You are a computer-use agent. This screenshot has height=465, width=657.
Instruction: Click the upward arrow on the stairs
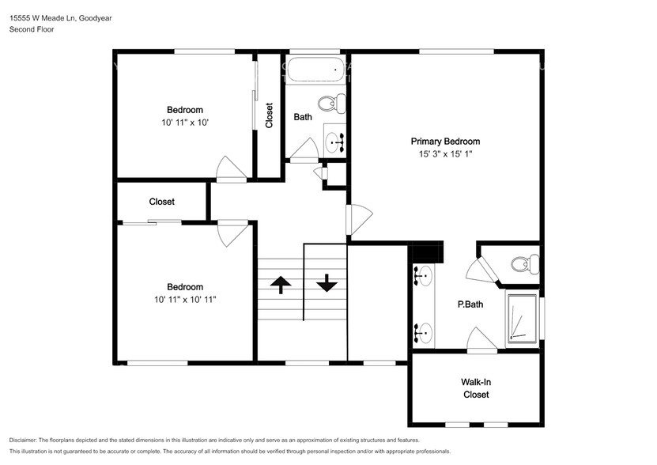[281, 284]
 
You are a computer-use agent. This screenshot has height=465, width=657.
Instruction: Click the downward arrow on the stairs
[327, 283]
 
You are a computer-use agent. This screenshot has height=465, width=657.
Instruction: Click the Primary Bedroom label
[445, 142]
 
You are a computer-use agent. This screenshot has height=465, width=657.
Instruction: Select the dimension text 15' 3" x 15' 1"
[445, 154]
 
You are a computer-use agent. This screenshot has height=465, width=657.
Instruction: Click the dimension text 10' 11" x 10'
[184, 123]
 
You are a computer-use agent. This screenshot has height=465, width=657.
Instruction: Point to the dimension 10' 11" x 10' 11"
[184, 300]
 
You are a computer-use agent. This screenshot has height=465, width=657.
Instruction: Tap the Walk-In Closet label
[476, 388]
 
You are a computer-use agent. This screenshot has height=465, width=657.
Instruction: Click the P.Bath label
[470, 304]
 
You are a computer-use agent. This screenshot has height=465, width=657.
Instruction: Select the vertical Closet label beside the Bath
[270, 115]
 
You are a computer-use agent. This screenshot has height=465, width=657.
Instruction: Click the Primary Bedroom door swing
[359, 219]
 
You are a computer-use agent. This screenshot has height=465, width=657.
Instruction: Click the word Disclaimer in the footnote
[26, 440]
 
